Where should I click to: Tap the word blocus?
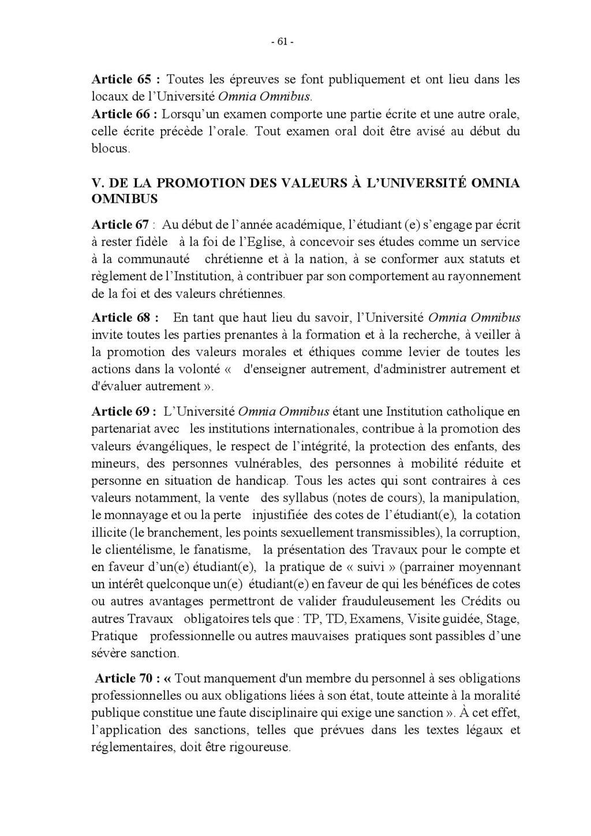[110, 148]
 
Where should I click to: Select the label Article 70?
[124, 678]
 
